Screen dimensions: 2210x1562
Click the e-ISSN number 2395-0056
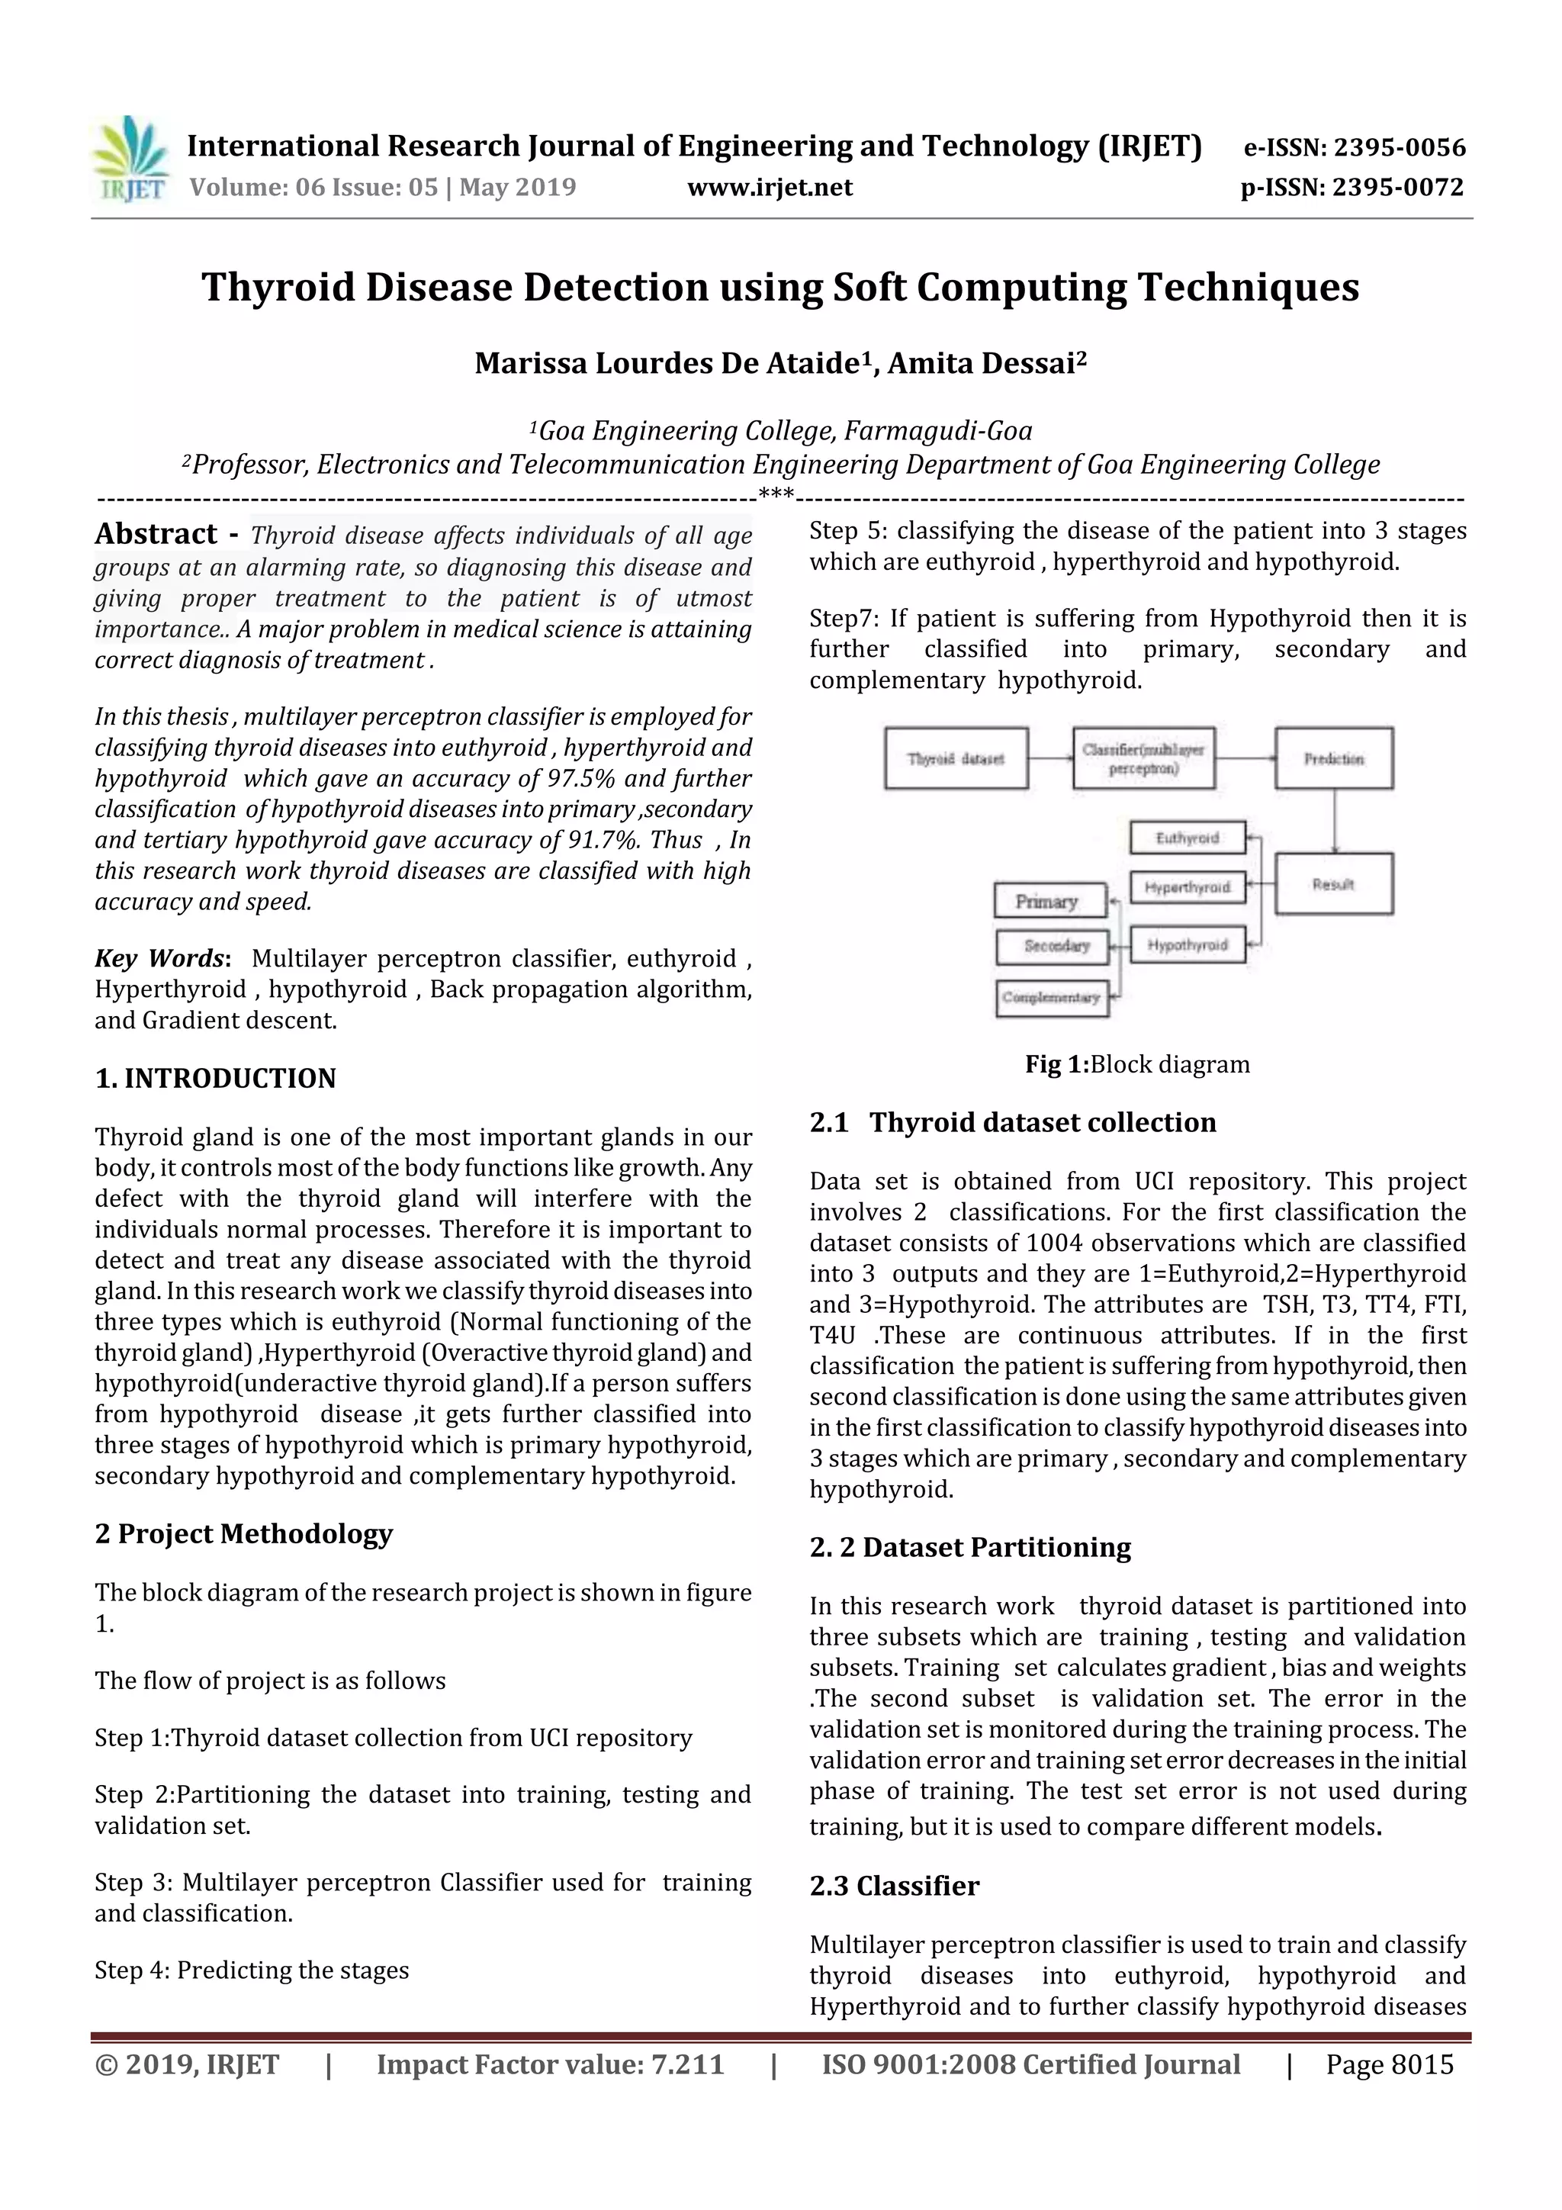tap(1398, 147)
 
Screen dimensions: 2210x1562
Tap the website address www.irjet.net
tap(770, 188)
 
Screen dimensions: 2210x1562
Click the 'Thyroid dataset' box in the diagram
tap(956, 758)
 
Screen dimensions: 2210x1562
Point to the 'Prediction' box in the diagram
tap(1333, 758)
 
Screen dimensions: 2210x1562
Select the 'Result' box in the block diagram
tap(1333, 883)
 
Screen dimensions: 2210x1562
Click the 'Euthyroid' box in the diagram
tap(1187, 838)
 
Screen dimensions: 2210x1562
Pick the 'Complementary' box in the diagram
tap(1051, 997)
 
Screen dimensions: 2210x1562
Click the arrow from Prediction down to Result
tap(1334, 820)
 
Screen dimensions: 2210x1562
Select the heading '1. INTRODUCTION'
tap(216, 1078)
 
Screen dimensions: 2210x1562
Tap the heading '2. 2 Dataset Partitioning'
tap(970, 1547)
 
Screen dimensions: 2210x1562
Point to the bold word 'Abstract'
tap(156, 534)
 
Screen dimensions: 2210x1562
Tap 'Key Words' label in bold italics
tap(159, 959)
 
